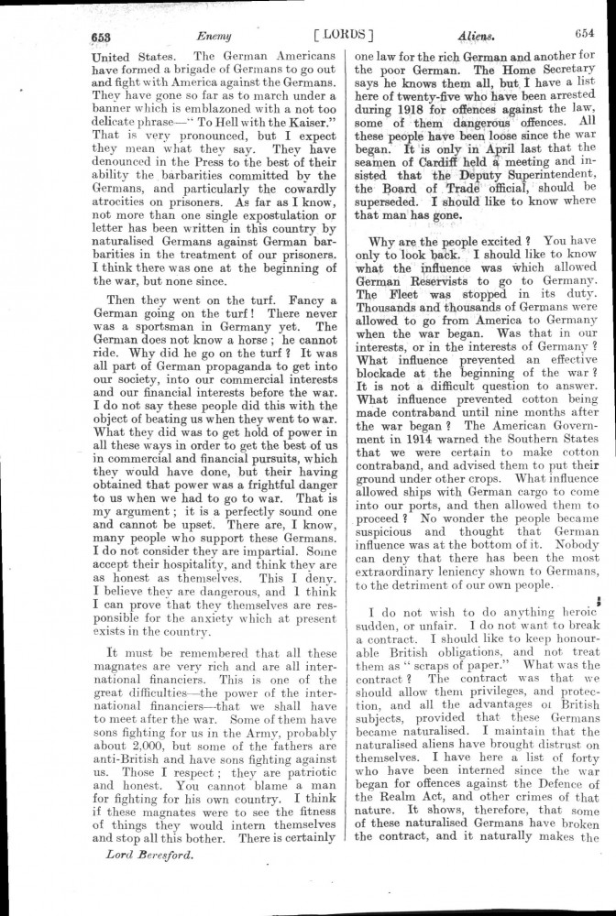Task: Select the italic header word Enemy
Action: pos(212,36)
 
